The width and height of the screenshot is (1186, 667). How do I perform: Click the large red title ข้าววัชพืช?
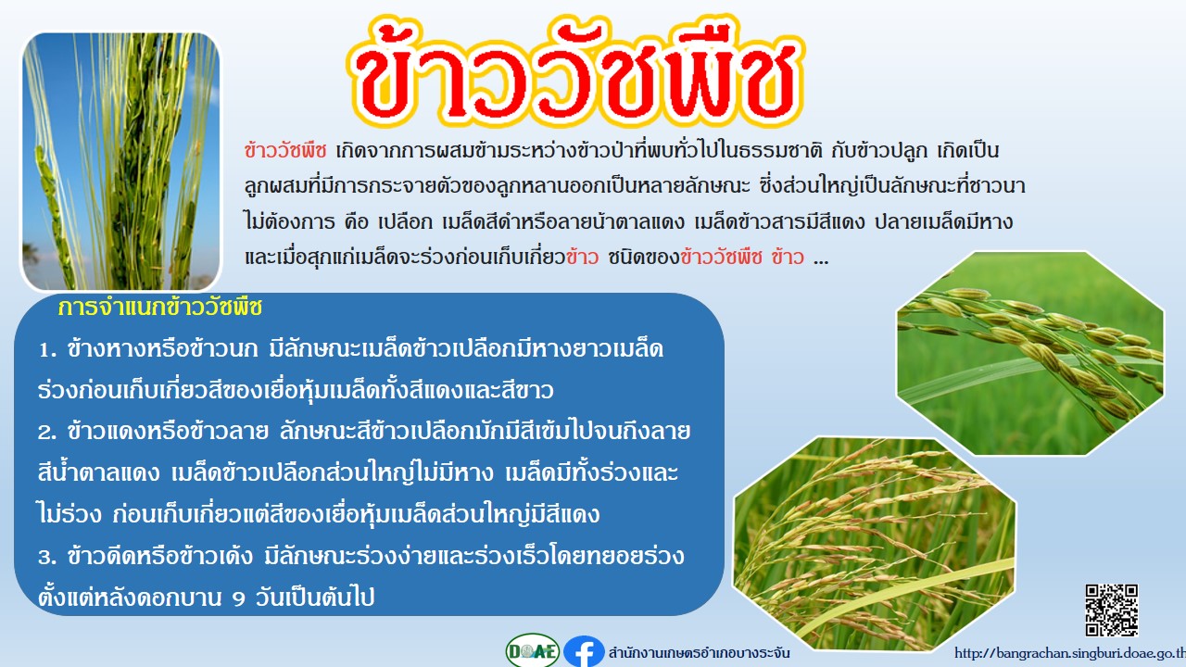click(x=576, y=73)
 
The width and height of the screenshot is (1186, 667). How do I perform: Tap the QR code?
click(x=1111, y=610)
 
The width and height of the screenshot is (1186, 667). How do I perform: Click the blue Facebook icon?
click(x=584, y=651)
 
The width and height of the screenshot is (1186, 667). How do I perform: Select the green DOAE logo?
click(x=533, y=650)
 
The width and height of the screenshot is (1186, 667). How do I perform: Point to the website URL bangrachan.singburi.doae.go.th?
click(x=1069, y=654)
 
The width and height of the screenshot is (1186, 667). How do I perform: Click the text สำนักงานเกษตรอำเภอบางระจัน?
click(x=699, y=653)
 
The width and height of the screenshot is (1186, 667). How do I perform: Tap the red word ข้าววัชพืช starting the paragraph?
click(x=285, y=151)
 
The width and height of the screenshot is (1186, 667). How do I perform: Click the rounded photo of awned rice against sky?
click(x=120, y=162)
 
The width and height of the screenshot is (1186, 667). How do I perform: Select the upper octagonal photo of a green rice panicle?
click(x=1029, y=353)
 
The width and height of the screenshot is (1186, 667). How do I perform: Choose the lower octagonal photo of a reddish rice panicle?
click(x=874, y=544)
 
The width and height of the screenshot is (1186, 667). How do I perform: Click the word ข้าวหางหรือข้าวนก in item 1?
click(x=163, y=349)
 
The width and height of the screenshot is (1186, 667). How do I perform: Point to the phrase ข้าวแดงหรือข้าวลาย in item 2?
click(x=169, y=432)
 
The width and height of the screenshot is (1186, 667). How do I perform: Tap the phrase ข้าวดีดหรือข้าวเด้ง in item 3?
click(x=160, y=557)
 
